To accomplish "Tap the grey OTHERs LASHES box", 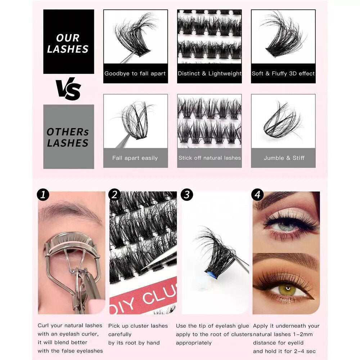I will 68,137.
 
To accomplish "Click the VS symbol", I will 68,89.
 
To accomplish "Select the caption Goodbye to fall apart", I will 135,73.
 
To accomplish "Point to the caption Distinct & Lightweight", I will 210,73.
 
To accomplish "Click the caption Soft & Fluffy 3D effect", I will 283,73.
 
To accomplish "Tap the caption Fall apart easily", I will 135,158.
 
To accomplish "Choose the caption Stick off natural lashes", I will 210,158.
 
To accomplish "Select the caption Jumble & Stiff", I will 283,158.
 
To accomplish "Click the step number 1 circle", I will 43,195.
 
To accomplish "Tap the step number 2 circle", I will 114,195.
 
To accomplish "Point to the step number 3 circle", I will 187,195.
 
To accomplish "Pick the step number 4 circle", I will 258,195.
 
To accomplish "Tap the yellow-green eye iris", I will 287,289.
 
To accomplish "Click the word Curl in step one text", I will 44,326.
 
